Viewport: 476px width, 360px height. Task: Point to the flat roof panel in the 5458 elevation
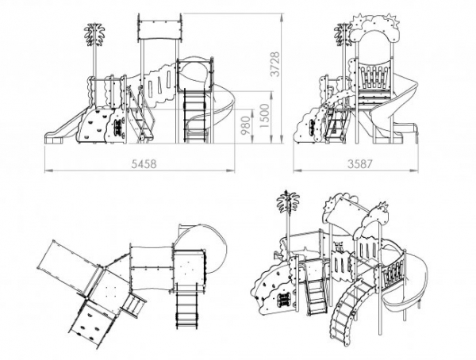click(159, 30)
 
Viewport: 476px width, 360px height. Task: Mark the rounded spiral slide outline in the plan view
click(198, 238)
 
